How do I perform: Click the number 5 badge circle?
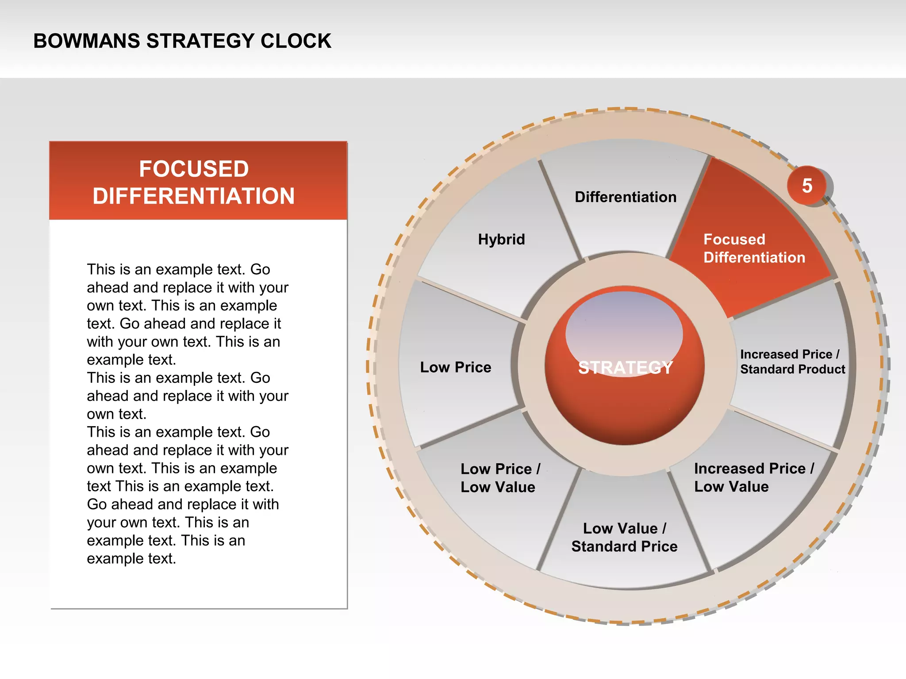807,186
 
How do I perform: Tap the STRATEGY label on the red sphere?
625,367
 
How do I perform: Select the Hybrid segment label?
501,239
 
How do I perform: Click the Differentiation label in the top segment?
625,197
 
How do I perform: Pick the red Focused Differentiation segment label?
754,248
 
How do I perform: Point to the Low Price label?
455,367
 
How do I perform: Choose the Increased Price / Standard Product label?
792,362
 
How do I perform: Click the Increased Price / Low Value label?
753,477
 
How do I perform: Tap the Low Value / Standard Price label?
624,537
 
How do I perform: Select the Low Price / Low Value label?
500,477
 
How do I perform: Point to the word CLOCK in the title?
296,41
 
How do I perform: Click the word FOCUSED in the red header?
194,169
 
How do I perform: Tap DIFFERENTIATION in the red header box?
194,196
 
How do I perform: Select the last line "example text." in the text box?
131,558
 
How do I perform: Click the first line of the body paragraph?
178,269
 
